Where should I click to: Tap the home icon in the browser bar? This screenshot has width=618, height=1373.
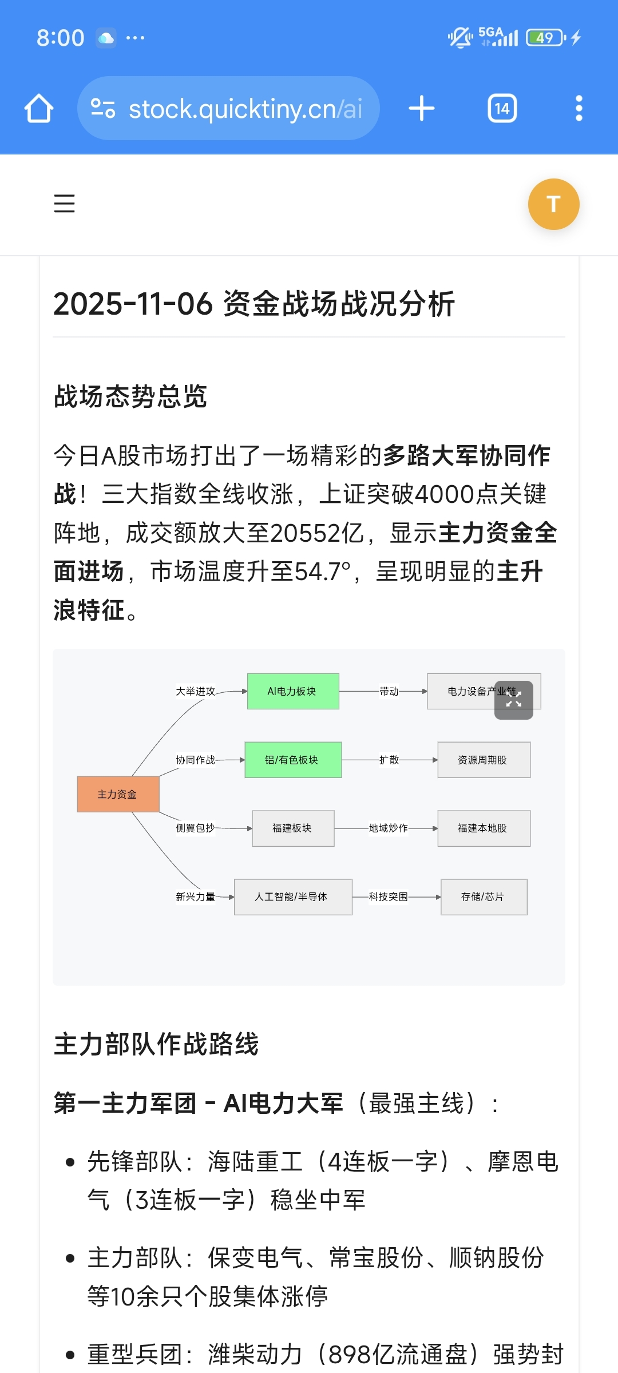click(x=39, y=108)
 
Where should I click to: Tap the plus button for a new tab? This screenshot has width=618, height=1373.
click(x=422, y=108)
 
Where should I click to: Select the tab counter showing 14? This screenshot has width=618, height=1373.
click(x=502, y=108)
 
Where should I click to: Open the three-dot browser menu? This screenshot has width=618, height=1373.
click(x=579, y=108)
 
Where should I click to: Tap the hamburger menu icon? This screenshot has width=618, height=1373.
click(x=64, y=204)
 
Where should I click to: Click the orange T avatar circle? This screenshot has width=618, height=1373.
click(x=553, y=204)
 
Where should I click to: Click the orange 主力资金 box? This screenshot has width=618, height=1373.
click(x=118, y=794)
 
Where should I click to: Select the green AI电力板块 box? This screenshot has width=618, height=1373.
click(x=293, y=691)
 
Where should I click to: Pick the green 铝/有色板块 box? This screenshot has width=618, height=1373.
click(x=293, y=760)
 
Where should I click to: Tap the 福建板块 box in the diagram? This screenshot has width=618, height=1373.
click(x=293, y=828)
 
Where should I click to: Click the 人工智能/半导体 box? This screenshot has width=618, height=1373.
click(x=293, y=896)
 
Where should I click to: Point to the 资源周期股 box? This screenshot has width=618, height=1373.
click(x=484, y=760)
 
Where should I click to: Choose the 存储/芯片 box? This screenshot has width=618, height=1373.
click(x=484, y=896)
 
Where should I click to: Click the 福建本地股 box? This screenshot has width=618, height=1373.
click(x=484, y=828)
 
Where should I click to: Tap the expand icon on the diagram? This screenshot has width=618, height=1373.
click(x=514, y=700)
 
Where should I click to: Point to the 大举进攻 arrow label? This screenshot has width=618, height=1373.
click(x=195, y=691)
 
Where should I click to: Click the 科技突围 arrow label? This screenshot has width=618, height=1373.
click(x=388, y=896)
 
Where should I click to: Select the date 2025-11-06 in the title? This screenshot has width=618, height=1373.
click(x=133, y=303)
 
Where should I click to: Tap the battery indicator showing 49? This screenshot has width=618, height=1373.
click(x=545, y=38)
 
